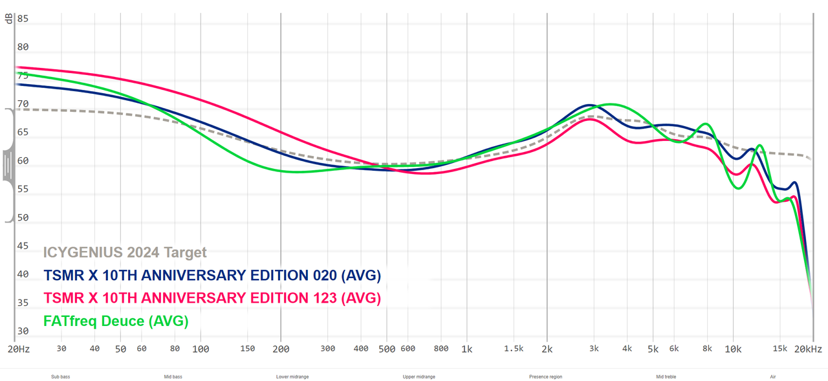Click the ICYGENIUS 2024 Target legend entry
[125, 253]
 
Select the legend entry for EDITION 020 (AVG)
[212, 276]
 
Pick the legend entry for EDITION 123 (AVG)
[212, 298]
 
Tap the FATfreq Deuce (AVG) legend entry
[116, 321]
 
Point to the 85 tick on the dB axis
[23, 19]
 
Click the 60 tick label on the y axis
[23, 160]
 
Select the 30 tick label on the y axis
[23, 331]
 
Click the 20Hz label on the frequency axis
[18, 349]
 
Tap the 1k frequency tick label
[466, 349]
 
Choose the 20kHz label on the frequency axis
[809, 349]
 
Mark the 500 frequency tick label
[386, 349]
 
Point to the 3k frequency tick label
[594, 349]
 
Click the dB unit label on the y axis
[9, 19]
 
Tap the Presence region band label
[546, 376]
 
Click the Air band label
[774, 376]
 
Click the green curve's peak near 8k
[706, 124]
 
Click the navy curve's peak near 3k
[589, 105]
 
